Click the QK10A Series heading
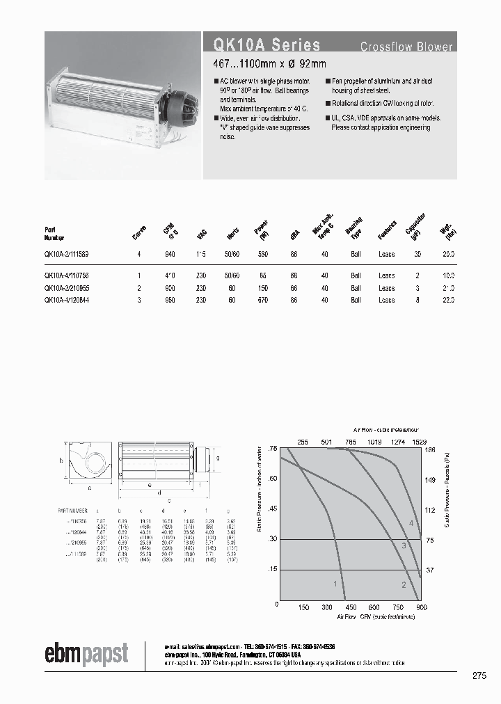tap(262, 45)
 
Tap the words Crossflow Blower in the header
tap(406, 47)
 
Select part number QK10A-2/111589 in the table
tap(66, 255)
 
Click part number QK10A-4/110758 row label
tap(66, 276)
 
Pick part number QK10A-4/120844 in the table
tap(66, 300)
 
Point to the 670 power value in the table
tap(262, 300)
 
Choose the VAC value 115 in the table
tap(202, 255)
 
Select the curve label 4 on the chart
tap(411, 523)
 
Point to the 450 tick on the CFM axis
tap(350, 607)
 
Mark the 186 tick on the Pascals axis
tap(429, 450)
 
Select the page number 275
tap(479, 675)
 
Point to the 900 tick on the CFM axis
tap(421, 607)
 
